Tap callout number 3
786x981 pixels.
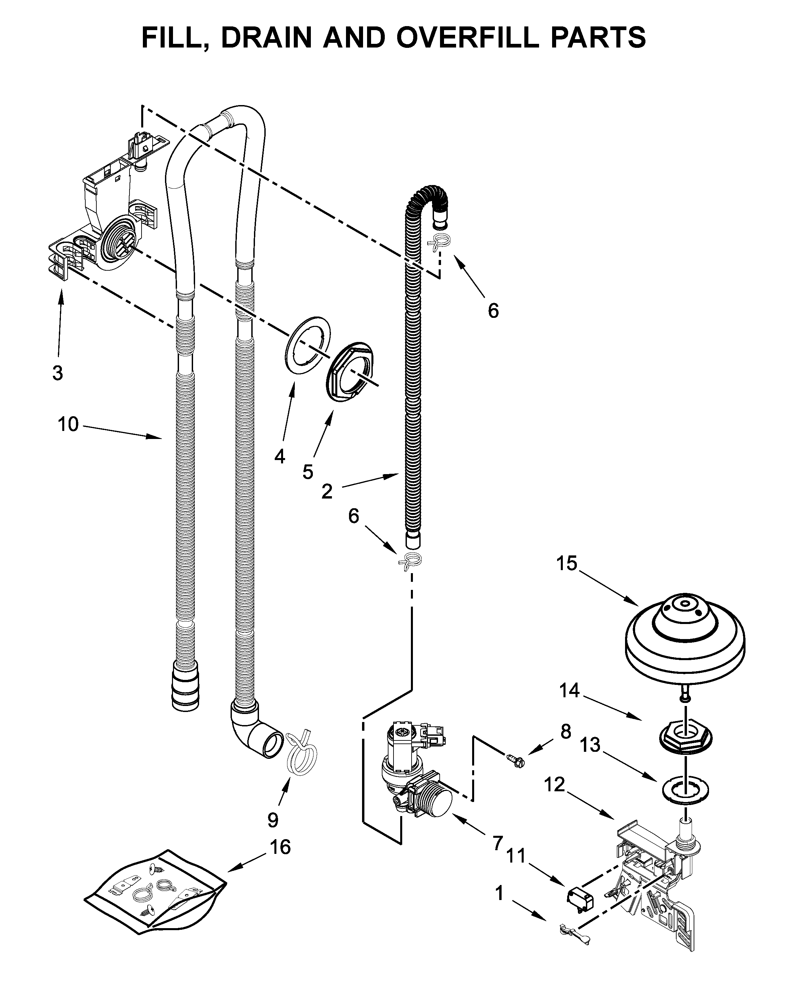(x=57, y=373)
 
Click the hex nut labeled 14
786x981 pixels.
(x=685, y=737)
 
